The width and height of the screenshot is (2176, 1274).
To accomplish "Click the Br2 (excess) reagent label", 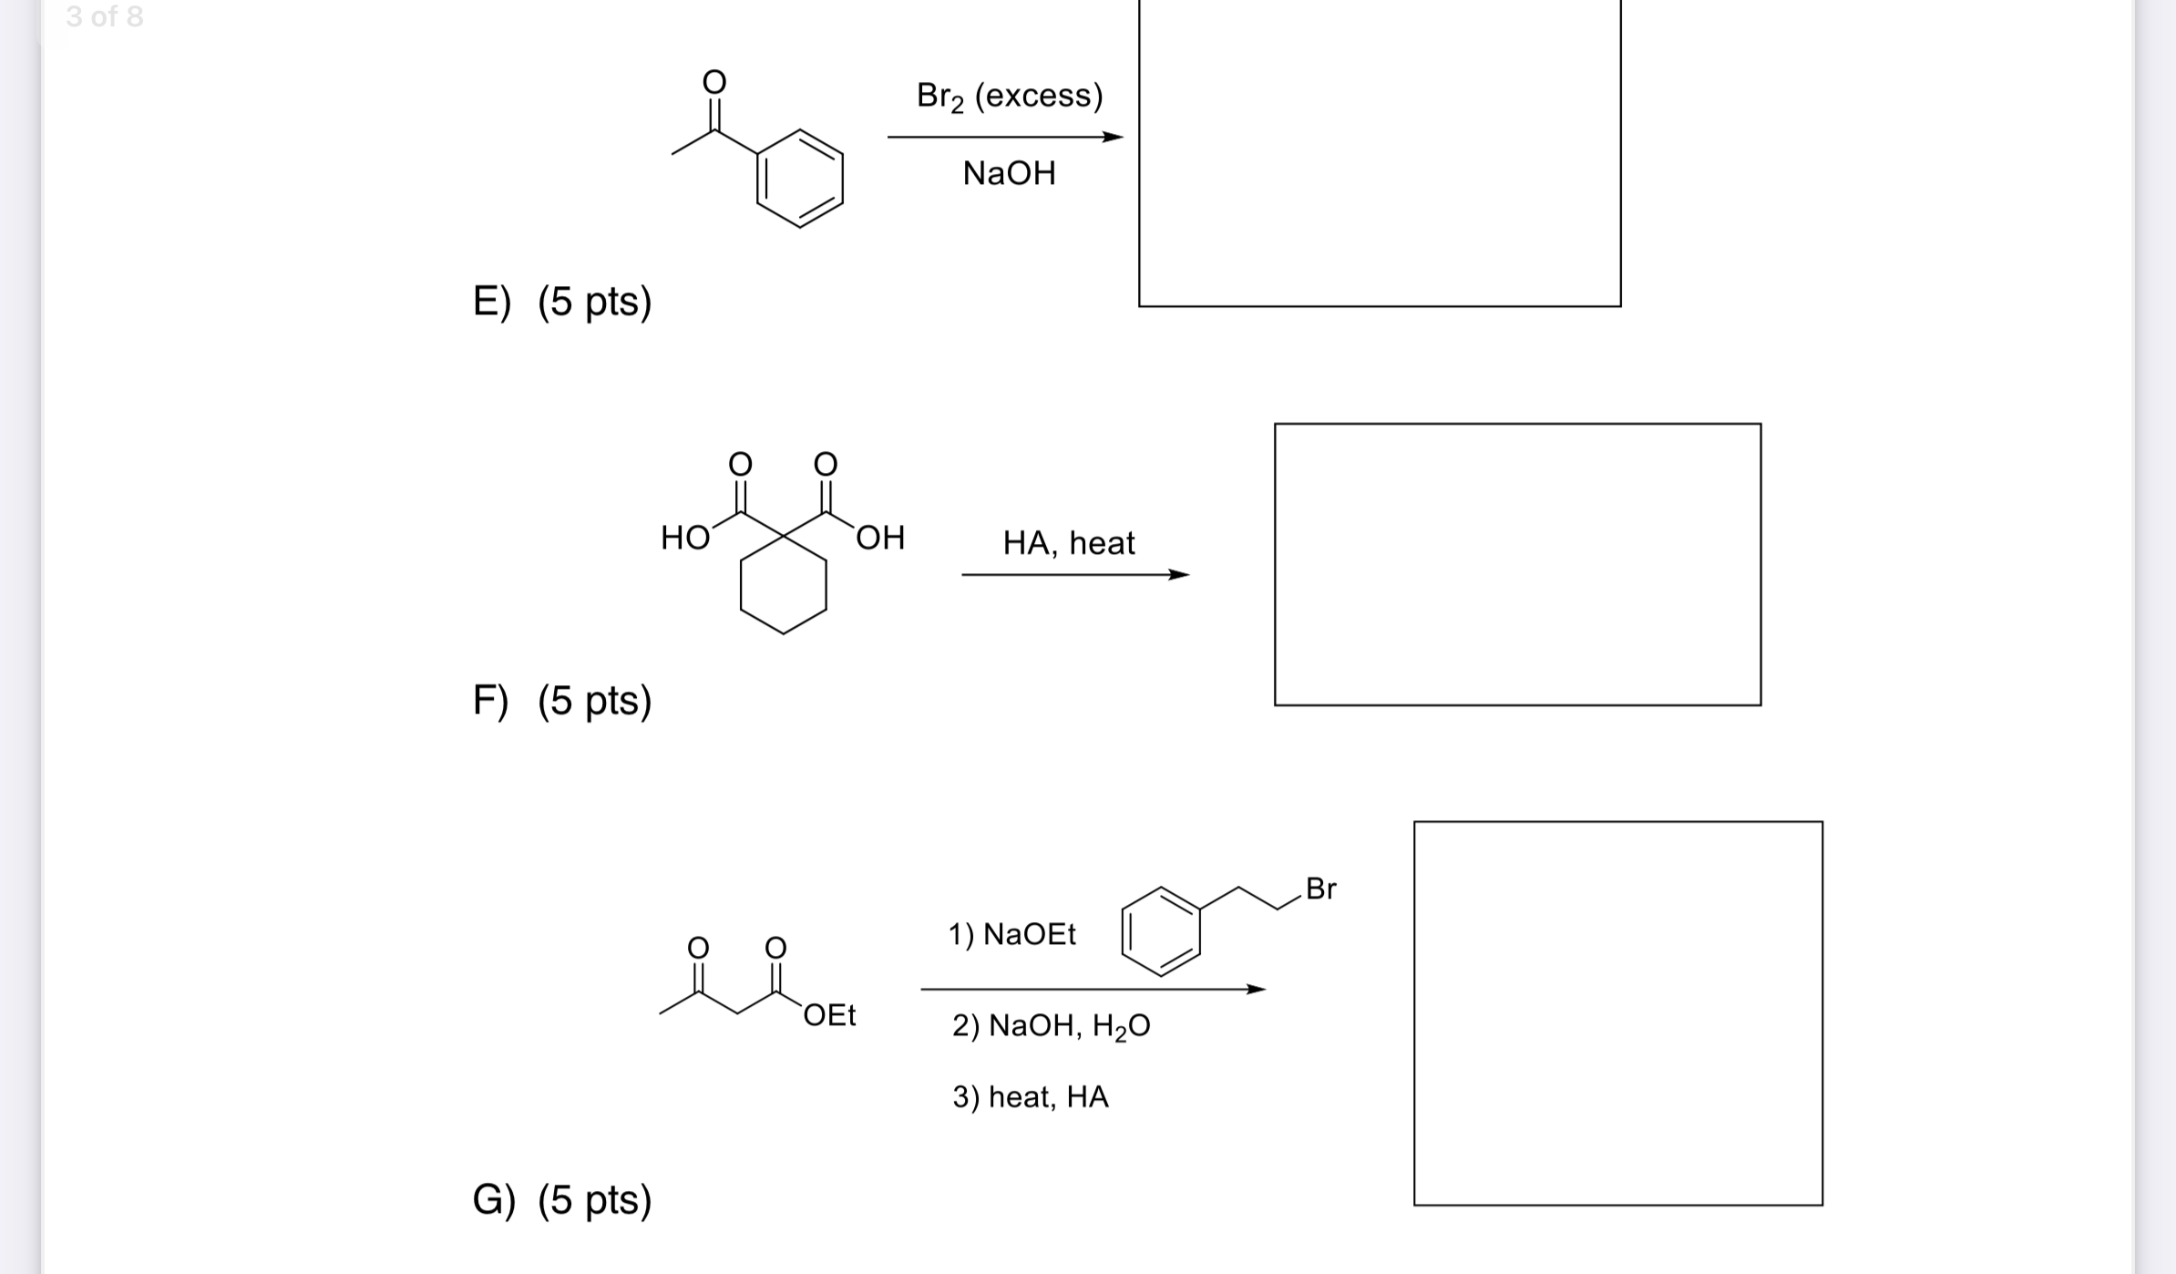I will pos(1010,96).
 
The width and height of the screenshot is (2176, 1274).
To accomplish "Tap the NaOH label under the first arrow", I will pos(1010,173).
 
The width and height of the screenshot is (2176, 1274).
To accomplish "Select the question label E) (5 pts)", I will pos(562,302).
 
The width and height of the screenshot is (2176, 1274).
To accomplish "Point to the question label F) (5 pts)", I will pos(562,701).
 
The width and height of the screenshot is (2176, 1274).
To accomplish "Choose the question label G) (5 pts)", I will pos(562,1199).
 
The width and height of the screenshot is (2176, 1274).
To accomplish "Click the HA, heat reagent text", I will pos(1069,543).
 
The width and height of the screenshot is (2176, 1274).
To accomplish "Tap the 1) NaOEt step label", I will pos(1011,934).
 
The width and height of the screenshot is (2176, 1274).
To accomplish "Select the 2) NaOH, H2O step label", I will pos(1051,1026).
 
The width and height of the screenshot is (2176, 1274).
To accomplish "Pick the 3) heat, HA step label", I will pos(1031,1096).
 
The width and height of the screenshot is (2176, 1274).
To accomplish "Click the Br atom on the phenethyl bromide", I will pos(1320,889).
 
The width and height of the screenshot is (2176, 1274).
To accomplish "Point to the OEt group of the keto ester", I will pos(829,1015).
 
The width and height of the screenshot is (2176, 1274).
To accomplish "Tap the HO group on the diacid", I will pos(685,539).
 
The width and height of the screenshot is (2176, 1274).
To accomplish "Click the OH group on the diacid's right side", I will pos(880,539).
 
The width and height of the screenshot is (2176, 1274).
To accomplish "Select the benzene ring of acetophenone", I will pos(800,179).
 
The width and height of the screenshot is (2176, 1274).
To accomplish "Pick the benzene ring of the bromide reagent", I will pos(1161,930).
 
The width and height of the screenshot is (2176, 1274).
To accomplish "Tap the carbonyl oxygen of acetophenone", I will pos(714,82).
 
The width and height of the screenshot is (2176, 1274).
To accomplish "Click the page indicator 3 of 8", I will pos(105,16).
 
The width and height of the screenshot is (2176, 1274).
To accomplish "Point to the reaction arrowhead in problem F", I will pos(1179,575).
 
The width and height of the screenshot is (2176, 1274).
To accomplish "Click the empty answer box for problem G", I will pos(1618,1013).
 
